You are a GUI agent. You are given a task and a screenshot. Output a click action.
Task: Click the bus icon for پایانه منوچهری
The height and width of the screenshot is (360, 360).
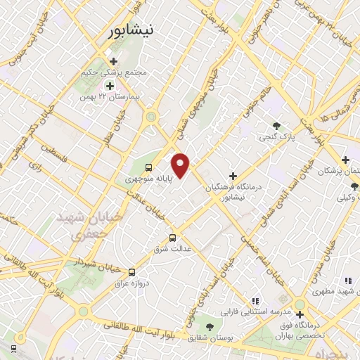click(148, 167)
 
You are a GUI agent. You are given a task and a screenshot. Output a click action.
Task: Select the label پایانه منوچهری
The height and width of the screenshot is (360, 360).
click(149, 179)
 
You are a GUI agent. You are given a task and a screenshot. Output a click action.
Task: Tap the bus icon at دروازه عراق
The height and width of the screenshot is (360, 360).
click(131, 272)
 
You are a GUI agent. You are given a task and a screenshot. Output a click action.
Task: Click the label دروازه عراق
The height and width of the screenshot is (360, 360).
click(131, 283)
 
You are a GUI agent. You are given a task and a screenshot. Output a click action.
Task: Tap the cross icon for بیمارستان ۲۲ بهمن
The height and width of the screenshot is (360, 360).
click(110, 85)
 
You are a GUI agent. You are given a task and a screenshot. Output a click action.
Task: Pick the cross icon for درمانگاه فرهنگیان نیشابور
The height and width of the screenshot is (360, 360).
click(233, 176)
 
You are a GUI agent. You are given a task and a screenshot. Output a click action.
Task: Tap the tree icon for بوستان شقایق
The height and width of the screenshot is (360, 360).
click(210, 326)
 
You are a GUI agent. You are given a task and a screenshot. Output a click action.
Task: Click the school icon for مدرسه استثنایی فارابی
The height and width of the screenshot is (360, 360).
click(255, 301)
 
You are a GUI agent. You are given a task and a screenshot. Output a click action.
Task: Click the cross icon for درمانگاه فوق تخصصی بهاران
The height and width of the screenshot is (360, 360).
click(300, 314)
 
